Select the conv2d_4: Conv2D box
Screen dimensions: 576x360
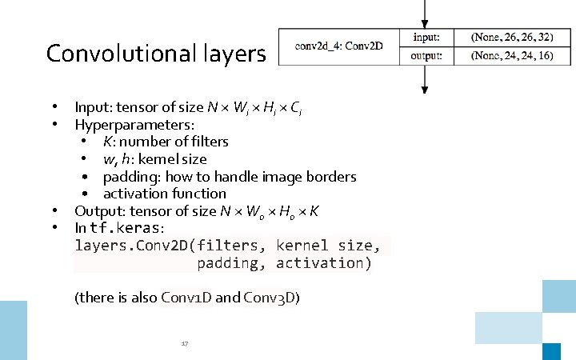coord(338,46)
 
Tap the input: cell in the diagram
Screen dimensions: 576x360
coord(426,38)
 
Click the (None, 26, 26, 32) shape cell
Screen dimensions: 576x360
coord(512,38)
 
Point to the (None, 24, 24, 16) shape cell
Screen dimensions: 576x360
coord(512,55)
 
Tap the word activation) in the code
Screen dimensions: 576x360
coord(323,263)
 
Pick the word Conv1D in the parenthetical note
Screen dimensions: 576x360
coord(186,298)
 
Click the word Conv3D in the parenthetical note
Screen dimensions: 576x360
coord(272,298)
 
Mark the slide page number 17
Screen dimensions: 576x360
coord(184,344)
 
